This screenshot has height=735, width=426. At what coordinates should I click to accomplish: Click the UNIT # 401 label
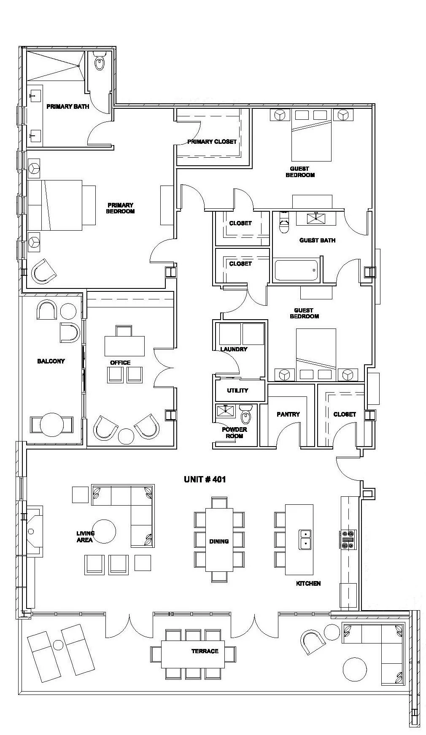pyautogui.click(x=205, y=479)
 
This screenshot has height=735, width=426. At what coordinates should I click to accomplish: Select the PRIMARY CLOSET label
pyautogui.click(x=212, y=142)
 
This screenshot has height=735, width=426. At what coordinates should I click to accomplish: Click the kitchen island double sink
pyautogui.click(x=305, y=539)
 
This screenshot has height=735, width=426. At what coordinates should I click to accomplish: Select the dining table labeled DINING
pyautogui.click(x=219, y=539)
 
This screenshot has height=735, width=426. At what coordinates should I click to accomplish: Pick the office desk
pyautogui.click(x=124, y=346)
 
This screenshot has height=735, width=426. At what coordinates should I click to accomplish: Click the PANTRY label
pyautogui.click(x=288, y=414)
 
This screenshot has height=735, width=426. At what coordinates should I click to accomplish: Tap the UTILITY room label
pyautogui.click(x=237, y=390)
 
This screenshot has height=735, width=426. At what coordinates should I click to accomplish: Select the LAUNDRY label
pyautogui.click(x=234, y=349)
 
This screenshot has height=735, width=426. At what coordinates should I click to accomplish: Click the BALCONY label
pyautogui.click(x=51, y=361)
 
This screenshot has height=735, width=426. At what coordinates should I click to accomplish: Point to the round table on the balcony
pyautogui.click(x=51, y=425)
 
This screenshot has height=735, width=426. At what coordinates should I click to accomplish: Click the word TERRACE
pyautogui.click(x=205, y=651)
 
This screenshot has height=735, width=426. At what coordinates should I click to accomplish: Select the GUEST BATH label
pyautogui.click(x=317, y=240)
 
